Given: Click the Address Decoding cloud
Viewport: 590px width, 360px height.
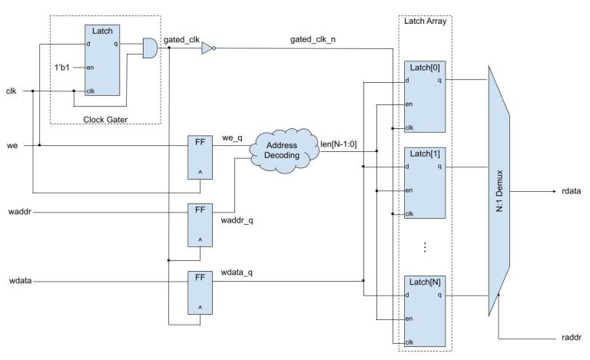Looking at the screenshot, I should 280,149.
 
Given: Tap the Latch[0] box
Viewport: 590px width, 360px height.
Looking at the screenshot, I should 425,100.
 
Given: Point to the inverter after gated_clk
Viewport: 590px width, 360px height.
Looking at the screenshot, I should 206,48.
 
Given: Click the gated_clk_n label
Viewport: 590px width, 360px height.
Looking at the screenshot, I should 312,38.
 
